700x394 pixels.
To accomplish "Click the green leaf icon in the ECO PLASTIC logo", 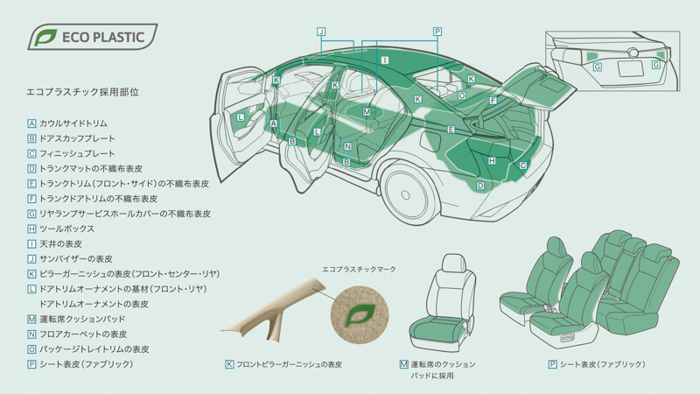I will tap(43, 38).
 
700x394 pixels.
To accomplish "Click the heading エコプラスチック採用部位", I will tap(84, 91).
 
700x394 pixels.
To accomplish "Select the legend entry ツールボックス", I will tap(66, 229).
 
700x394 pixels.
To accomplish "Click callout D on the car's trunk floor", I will tap(480, 186).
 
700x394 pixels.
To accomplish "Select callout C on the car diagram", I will tap(523, 165).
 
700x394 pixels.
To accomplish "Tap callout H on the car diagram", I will tap(492, 160).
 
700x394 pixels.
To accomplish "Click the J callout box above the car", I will tap(322, 32).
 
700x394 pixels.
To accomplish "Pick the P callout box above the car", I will tap(437, 32).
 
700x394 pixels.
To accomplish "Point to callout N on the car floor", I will tap(347, 146).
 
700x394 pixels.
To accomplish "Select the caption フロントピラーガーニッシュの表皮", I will tap(289, 363).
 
